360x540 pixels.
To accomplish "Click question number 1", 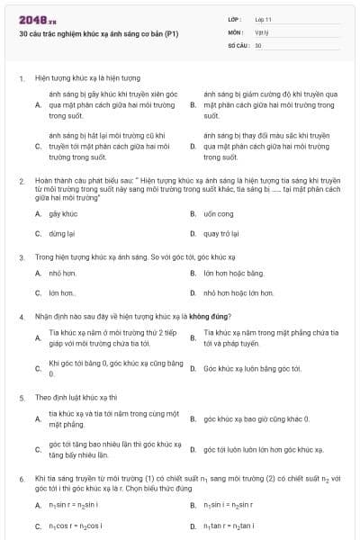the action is tap(22, 78).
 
